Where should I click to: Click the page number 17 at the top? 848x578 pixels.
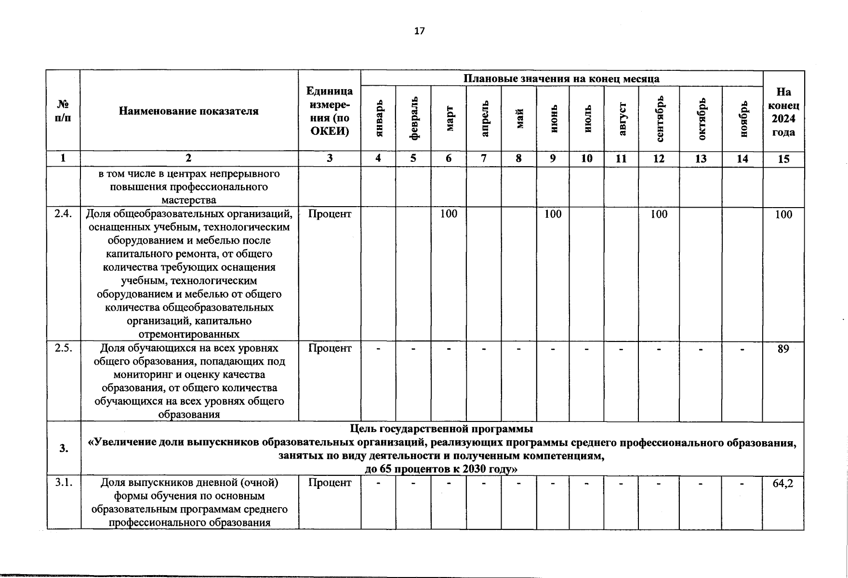point(419,31)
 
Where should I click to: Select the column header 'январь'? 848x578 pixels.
point(379,118)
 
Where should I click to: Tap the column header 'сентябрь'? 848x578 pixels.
point(660,118)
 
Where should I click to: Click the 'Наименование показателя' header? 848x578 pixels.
point(188,111)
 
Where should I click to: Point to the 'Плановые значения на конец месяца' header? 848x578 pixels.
point(561,79)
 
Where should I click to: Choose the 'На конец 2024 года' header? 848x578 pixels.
point(783,112)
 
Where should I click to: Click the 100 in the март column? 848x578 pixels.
point(449,214)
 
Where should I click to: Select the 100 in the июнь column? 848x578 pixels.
point(553,214)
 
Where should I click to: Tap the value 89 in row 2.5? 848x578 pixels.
point(783,349)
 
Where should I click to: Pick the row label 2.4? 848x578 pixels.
point(63,214)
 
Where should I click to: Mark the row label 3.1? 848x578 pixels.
point(63,483)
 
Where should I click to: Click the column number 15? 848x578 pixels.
point(783,159)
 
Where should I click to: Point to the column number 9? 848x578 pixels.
point(553,158)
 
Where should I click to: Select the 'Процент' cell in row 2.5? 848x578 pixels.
point(330,348)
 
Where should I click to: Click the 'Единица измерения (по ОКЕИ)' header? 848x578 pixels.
point(330,111)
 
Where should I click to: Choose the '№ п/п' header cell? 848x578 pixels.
point(63,111)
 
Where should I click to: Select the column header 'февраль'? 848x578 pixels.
point(413,118)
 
